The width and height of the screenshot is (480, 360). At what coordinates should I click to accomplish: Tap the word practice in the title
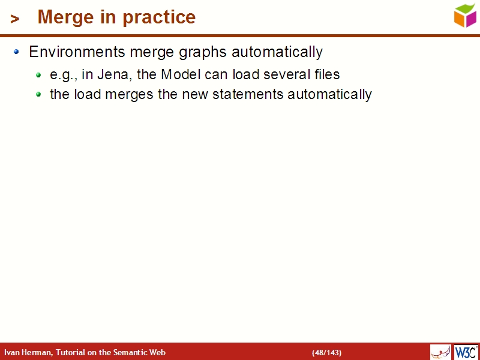click(x=159, y=17)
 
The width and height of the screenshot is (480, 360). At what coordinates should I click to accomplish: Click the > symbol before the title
click(x=15, y=19)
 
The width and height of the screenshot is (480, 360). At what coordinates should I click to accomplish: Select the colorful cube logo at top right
click(x=465, y=15)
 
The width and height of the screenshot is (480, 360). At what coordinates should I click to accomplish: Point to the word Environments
click(x=77, y=52)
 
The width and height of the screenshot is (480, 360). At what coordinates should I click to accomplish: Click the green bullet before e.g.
click(x=38, y=75)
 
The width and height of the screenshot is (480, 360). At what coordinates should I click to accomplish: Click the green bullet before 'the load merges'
click(x=38, y=95)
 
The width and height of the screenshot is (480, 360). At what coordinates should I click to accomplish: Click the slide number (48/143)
click(x=326, y=352)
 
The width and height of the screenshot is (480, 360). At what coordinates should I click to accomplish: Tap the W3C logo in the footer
click(x=466, y=352)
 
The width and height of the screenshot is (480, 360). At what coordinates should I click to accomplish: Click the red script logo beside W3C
click(x=440, y=352)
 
